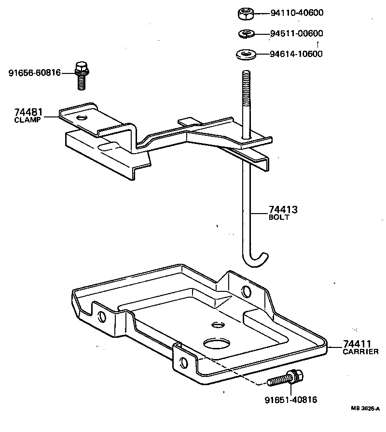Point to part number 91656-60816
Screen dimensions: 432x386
34,73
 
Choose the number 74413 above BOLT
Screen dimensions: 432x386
283,210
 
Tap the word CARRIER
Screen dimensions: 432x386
360,352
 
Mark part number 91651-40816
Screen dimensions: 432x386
290,400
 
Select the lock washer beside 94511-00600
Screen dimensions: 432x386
247,34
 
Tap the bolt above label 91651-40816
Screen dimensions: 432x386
286,377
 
